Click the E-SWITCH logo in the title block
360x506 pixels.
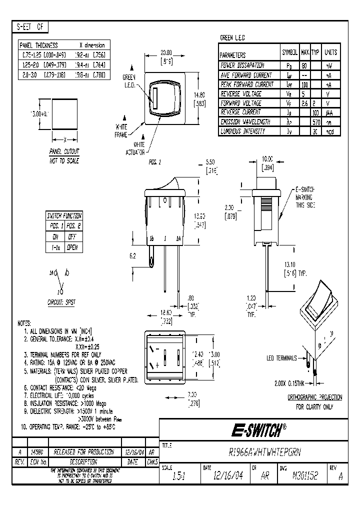point(258,429)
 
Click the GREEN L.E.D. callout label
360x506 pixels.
point(130,80)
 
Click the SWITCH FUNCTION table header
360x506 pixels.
point(64,215)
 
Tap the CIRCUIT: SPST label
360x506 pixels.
point(62,302)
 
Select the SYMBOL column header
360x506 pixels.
point(290,52)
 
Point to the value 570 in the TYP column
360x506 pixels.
point(315,121)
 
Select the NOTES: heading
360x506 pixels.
point(24,323)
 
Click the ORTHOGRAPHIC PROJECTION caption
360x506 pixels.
point(315,397)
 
